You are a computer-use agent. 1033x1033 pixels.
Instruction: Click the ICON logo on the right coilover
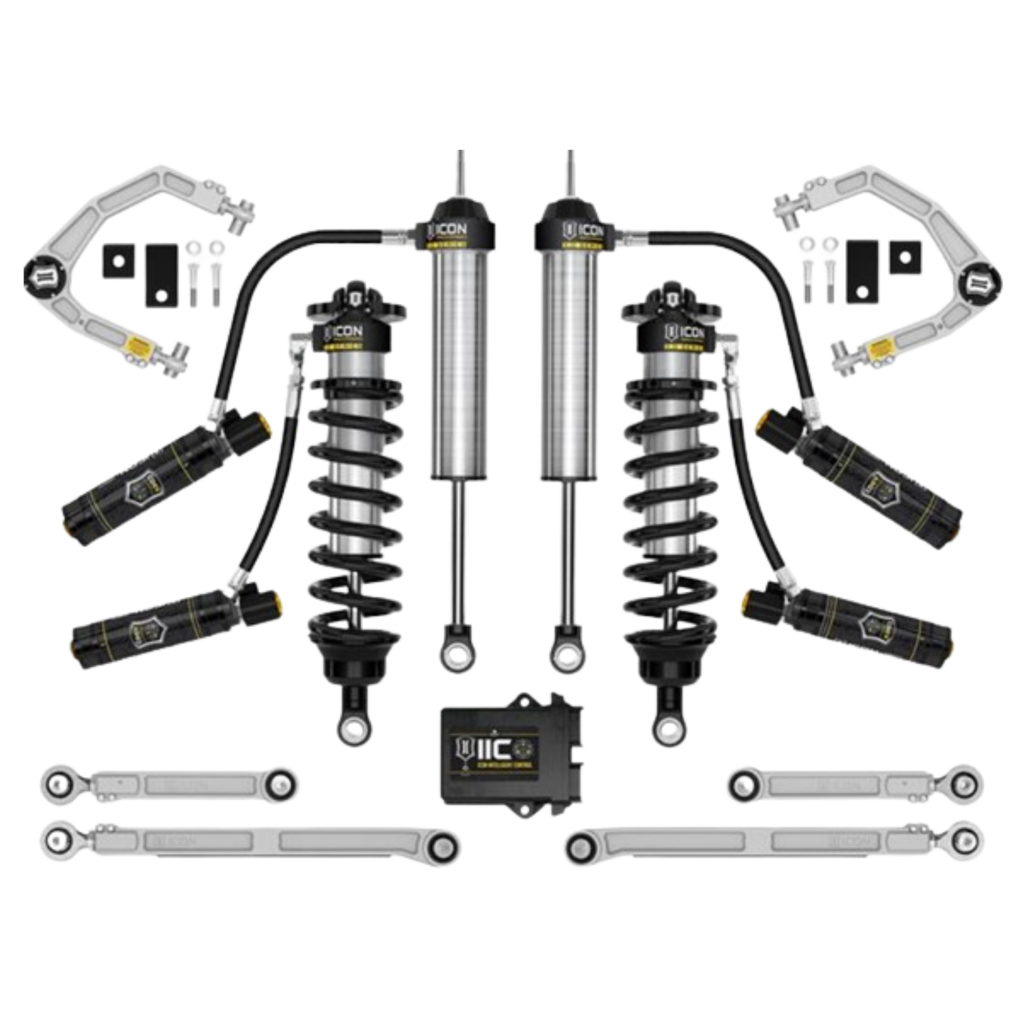click(685, 333)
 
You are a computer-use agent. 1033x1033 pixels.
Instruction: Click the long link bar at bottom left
click(250, 839)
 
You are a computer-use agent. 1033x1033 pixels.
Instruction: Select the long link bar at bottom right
click(772, 841)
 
